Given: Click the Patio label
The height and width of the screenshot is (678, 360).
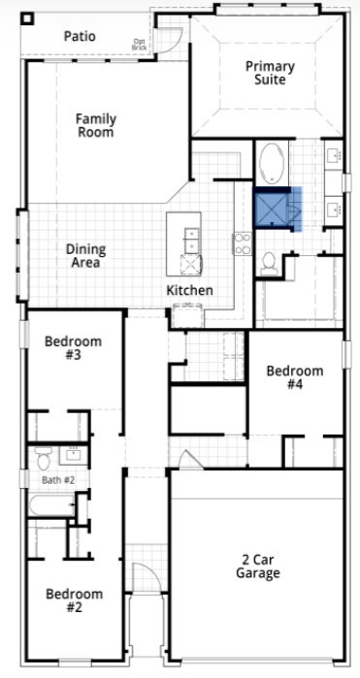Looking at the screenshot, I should pyautogui.click(x=80, y=36).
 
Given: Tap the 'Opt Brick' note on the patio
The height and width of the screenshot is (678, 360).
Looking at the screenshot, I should pyautogui.click(x=139, y=43).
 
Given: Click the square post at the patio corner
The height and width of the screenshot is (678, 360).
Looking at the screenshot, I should pyautogui.click(x=27, y=18).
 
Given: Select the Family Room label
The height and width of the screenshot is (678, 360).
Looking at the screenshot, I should pyautogui.click(x=96, y=125).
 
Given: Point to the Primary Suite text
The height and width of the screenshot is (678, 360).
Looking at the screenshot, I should pyautogui.click(x=270, y=73).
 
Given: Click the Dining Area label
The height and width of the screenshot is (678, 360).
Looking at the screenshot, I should pyautogui.click(x=85, y=256).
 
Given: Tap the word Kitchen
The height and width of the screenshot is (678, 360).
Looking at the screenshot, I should pyautogui.click(x=189, y=290).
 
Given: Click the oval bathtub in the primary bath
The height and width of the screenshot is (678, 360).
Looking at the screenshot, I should pyautogui.click(x=271, y=163).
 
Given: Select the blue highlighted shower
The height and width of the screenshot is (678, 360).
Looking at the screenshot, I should pyautogui.click(x=278, y=209).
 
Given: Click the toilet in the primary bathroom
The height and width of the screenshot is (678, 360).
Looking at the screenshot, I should pyautogui.click(x=270, y=263).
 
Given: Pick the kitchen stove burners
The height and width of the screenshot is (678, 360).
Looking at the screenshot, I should pyautogui.click(x=242, y=243).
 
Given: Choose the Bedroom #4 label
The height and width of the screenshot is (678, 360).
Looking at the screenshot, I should pyautogui.click(x=295, y=377).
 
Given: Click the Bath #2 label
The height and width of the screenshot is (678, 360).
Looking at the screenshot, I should pyautogui.click(x=57, y=479).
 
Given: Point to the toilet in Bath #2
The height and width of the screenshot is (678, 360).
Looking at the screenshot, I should pyautogui.click(x=43, y=457).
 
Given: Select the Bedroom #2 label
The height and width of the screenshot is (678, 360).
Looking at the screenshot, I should pyautogui.click(x=74, y=600).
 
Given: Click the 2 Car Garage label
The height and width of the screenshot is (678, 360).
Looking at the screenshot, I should pyautogui.click(x=257, y=565).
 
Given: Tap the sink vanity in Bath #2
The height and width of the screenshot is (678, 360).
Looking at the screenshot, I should pyautogui.click(x=74, y=454).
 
